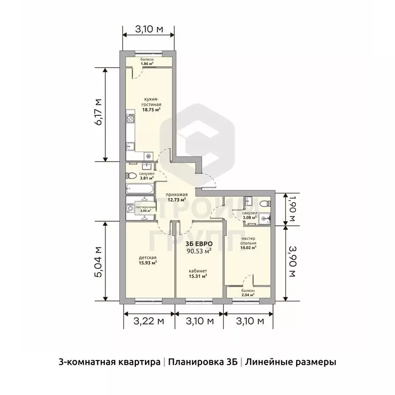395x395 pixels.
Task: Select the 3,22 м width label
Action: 149,321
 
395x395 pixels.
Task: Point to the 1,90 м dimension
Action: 292,207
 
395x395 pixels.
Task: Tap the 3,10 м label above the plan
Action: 149,29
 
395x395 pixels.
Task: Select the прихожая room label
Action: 176,194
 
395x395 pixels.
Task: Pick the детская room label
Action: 148,258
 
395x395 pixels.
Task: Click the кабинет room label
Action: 197,271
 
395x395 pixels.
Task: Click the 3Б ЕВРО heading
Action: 198,244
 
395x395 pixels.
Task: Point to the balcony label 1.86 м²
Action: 148,63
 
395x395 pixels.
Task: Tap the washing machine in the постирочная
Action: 131,208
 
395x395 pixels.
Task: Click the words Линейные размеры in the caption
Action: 291,362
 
